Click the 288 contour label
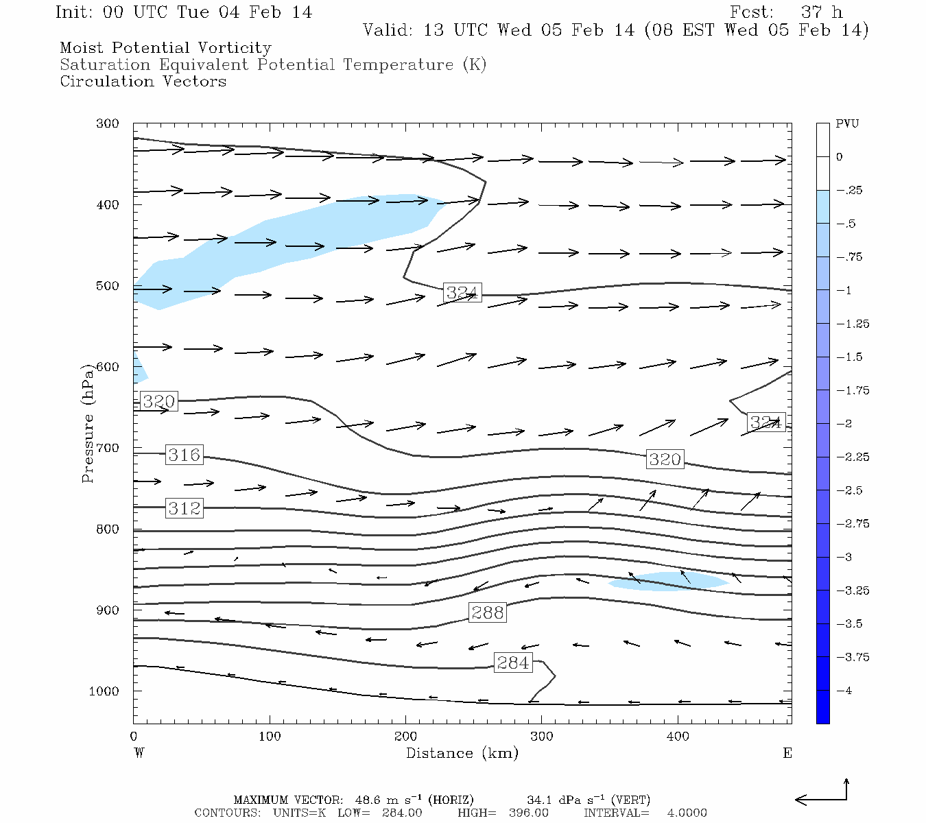(488, 612)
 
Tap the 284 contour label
(513, 663)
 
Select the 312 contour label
(185, 508)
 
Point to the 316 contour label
(185, 455)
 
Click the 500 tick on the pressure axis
(108, 285)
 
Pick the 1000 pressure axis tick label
(104, 691)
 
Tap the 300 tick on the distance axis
(541, 736)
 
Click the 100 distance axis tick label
(270, 736)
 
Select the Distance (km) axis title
(462, 753)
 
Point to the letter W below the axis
(139, 753)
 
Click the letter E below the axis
(787, 753)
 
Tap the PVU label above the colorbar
(846, 124)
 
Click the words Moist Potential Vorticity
(165, 48)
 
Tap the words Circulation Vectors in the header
(143, 82)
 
